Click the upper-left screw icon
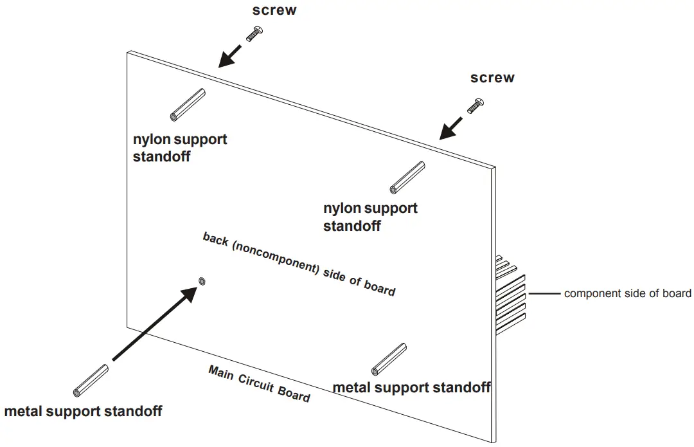click(254, 34)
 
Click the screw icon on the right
click(476, 106)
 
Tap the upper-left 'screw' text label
click(274, 10)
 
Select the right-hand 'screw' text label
click(492, 78)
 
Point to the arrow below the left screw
click(230, 56)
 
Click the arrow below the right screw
click(451, 129)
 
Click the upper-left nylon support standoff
click(188, 105)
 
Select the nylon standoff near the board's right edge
click(407, 178)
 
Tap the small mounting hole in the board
click(202, 281)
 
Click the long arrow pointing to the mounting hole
click(155, 324)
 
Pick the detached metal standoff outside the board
click(91, 381)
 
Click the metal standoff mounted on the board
click(389, 360)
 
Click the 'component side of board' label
click(628, 294)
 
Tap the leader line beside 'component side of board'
click(544, 293)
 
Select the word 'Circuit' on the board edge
click(256, 382)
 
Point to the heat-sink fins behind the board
click(510, 295)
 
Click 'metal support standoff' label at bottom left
click(83, 412)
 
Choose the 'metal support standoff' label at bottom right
click(412, 388)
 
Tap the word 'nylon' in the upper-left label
click(152, 140)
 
